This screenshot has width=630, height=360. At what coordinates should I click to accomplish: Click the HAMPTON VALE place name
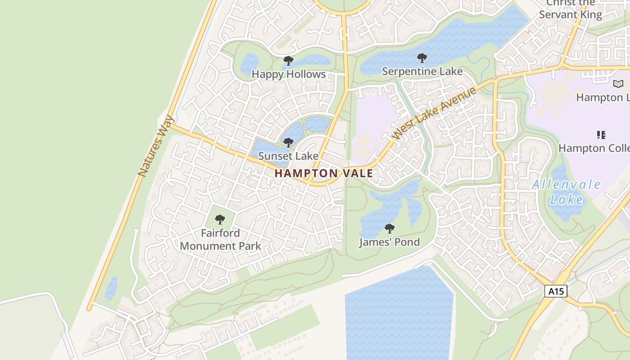pos(324,173)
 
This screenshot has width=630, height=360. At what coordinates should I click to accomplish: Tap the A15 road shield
pos(556,291)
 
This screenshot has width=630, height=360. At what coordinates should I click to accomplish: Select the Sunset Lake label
pos(288,156)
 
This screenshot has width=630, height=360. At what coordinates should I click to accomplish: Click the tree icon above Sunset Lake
pos(288,143)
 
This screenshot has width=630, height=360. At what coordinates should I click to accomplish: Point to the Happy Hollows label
pos(288,74)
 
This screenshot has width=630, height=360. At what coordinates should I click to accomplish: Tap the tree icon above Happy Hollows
pos(288,61)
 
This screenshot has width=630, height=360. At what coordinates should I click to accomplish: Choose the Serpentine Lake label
pos(422,72)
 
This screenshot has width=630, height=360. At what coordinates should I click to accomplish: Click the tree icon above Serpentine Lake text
pos(422,58)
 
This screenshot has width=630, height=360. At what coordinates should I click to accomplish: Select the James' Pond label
pos(389,242)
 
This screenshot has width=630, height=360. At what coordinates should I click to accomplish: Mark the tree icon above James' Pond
pos(390,229)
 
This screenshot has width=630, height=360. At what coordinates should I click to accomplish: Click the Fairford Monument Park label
pos(220,239)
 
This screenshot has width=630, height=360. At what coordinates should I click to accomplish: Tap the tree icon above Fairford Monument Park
pos(220,220)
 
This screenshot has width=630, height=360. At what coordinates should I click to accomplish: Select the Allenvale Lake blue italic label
pos(566,192)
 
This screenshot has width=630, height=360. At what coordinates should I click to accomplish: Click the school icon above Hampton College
pos(601,135)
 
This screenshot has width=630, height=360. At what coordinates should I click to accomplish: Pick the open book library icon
pos(618,84)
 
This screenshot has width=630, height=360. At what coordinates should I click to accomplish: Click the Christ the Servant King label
pos(570,9)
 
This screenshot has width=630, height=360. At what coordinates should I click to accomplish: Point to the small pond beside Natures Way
pos(111,288)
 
